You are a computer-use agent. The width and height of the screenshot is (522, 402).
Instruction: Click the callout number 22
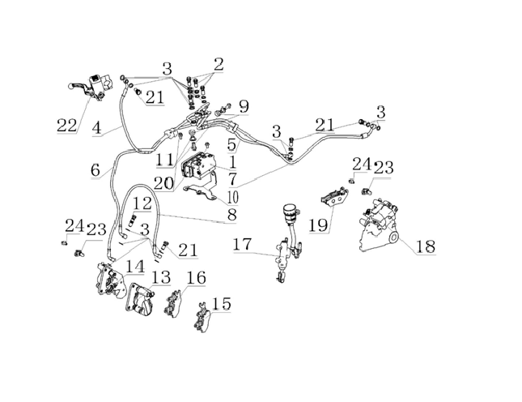coord(67,126)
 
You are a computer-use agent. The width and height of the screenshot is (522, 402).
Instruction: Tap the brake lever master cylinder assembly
coord(91,88)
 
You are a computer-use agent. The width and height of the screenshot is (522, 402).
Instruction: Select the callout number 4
coord(96,128)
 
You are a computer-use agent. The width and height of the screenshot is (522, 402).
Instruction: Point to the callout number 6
coord(95,170)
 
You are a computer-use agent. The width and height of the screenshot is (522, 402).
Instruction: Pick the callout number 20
coord(163,183)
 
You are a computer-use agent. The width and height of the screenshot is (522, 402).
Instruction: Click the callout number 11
coord(165,160)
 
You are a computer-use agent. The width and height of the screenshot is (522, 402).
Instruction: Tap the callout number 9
coord(244,107)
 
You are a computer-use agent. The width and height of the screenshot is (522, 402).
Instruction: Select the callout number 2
coord(219,64)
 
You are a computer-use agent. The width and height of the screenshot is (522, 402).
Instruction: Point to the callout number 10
coord(233,197)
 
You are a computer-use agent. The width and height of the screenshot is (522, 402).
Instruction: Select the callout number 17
coord(242,244)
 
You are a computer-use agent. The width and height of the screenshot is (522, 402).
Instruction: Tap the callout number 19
coord(319,225)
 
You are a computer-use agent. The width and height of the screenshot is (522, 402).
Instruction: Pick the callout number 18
coord(425,246)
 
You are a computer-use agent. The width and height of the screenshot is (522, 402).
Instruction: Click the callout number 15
coord(221,304)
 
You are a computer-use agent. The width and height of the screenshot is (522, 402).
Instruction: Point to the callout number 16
coord(196,278)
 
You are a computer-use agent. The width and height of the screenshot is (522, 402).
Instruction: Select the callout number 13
coord(161,277)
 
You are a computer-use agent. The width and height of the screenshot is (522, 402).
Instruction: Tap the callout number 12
coord(142,203)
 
